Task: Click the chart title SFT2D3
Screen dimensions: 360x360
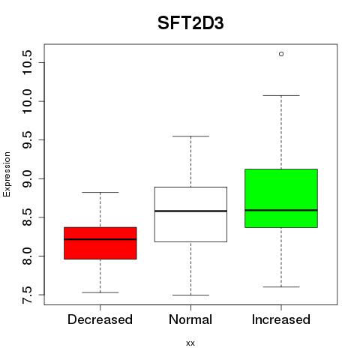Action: coord(190,23)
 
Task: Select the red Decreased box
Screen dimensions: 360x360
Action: coord(100,243)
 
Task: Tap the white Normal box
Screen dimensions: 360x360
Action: coord(190,214)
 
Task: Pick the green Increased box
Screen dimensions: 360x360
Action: coord(281,198)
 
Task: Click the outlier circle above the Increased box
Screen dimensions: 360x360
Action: coord(281,54)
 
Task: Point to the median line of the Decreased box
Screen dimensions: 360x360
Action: coord(100,239)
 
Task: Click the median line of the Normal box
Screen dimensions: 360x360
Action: coord(190,211)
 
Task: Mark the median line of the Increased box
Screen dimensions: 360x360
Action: coord(281,210)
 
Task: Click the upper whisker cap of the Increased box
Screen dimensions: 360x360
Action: coord(281,95)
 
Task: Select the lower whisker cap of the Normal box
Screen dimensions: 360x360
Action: coord(190,295)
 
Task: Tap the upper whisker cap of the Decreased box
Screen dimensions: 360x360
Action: coord(100,192)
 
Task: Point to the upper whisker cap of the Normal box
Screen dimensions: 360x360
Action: coord(190,136)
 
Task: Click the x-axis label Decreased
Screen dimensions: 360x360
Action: coord(100,319)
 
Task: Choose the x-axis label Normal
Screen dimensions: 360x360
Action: coord(190,319)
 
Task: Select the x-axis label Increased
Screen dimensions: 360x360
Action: coord(281,319)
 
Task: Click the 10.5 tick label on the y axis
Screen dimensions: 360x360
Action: coord(27,62)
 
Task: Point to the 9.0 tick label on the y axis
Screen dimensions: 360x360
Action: coord(27,178)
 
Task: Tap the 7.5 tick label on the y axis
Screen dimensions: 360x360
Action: coord(27,295)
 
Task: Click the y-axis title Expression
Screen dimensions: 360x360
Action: coord(7,174)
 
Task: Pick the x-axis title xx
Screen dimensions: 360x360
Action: coord(190,343)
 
